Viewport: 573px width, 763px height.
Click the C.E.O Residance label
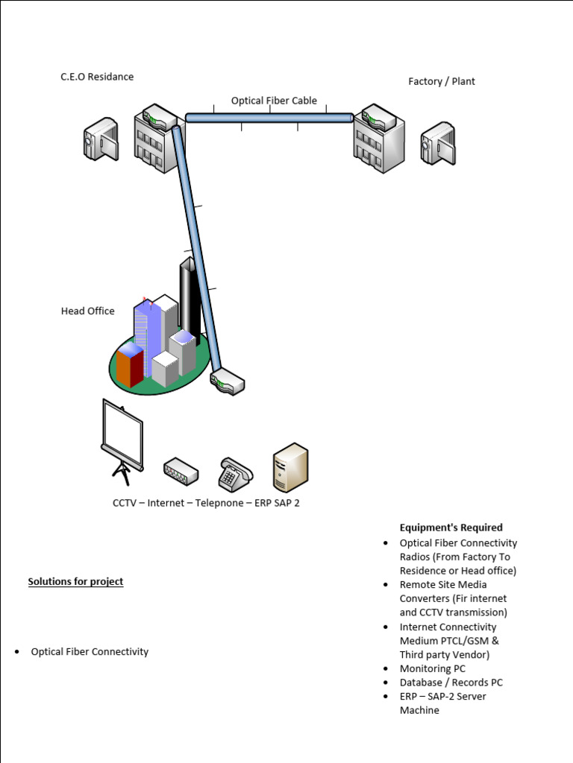(x=97, y=77)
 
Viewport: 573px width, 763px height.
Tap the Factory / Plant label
(x=441, y=81)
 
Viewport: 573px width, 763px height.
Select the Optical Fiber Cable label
(x=274, y=101)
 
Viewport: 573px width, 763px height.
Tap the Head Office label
(x=87, y=311)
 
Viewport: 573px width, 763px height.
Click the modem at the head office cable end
(x=228, y=383)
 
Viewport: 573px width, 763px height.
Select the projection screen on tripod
(x=122, y=440)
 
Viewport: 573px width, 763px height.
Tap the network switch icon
(x=181, y=471)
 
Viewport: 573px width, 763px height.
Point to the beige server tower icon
(x=289, y=467)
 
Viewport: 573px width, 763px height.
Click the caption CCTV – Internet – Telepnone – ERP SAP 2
(x=206, y=503)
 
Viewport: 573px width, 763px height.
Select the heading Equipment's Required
(x=451, y=528)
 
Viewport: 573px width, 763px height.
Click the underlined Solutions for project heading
(x=75, y=581)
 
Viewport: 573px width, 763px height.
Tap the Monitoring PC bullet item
(x=432, y=668)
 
